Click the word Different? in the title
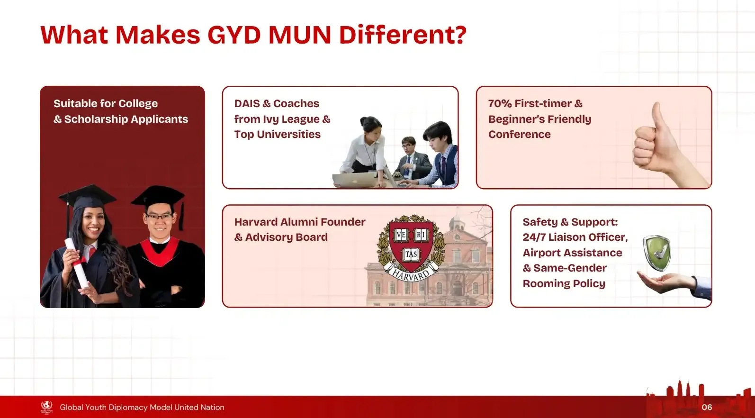[x=403, y=35]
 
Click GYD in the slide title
[x=234, y=35]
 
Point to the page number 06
[x=707, y=407]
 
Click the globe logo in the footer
[x=46, y=406]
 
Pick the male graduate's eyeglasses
[x=160, y=217]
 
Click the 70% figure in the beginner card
[x=499, y=103]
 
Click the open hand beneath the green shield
[x=665, y=282]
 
